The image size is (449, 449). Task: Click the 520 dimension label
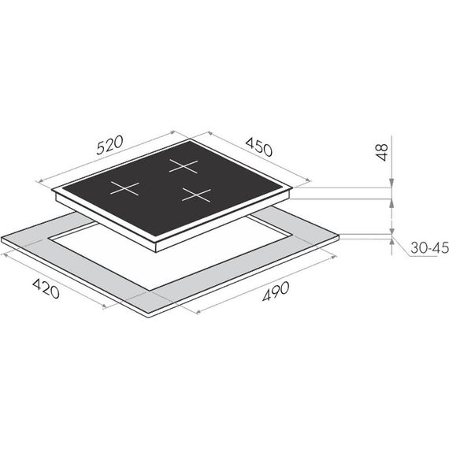point(109,145)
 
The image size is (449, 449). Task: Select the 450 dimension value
point(259,147)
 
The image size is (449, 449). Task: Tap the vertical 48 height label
point(382,152)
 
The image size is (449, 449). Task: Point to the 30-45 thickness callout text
point(429,247)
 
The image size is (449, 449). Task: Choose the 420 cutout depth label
point(46,288)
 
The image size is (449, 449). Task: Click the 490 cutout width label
point(276,291)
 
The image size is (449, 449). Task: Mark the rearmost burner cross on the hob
point(184,165)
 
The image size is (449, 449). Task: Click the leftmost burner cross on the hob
point(124,188)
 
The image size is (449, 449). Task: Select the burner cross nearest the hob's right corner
point(196,195)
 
